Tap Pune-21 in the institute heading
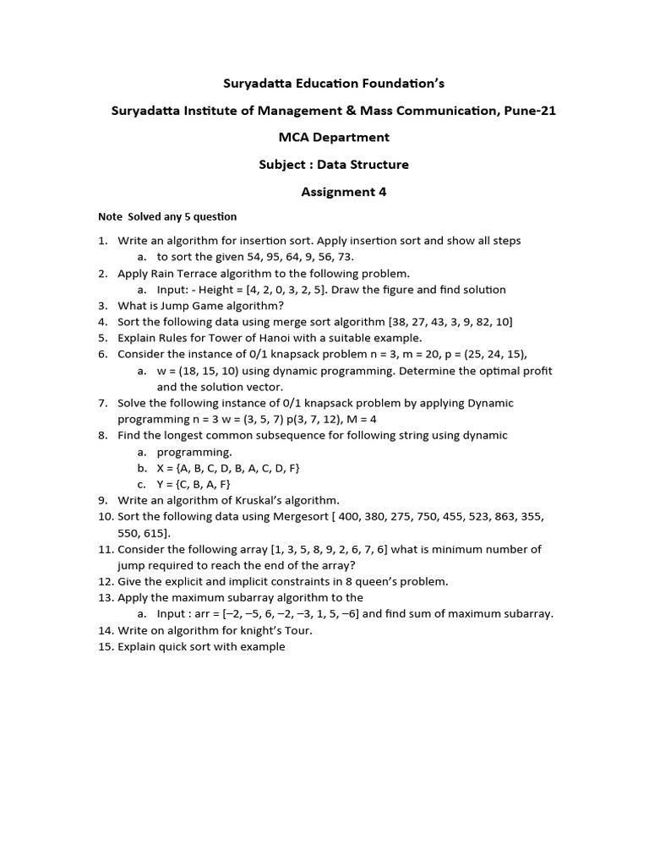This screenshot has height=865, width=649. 526,111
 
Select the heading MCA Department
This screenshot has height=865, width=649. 335,138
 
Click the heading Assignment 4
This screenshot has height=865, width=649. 344,192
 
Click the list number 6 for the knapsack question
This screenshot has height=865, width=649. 103,354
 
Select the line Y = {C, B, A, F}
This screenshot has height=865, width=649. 194,484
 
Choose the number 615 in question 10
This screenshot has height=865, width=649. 155,533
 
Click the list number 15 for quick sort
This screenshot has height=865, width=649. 105,646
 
